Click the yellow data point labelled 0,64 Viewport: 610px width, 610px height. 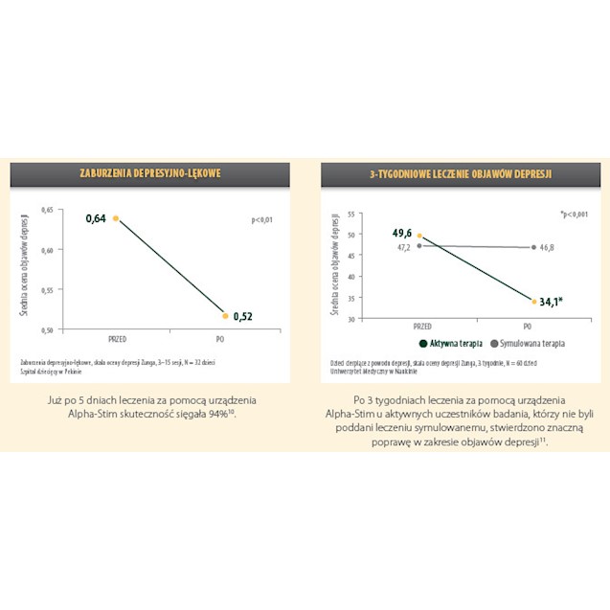116,218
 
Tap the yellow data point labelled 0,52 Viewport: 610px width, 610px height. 225,315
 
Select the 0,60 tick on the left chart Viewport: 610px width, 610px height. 53,248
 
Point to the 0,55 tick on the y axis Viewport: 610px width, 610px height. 53,288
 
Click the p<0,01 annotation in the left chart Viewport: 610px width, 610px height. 261,219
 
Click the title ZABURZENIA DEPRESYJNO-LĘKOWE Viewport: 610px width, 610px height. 150,173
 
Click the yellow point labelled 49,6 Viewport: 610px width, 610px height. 419,236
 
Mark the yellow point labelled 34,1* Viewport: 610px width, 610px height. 532,301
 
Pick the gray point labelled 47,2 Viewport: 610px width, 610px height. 419,245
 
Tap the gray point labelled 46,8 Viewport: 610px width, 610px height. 532,247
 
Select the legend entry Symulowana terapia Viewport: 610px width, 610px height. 529,342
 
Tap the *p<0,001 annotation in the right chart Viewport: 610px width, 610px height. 574,215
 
